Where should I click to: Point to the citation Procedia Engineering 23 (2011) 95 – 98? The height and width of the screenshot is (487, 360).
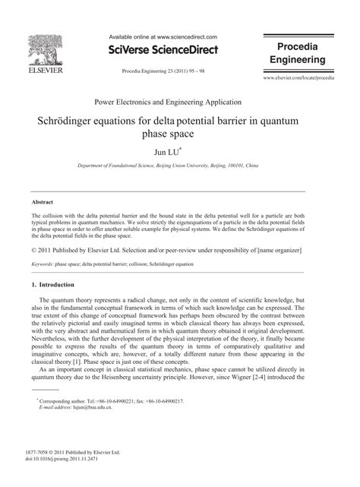[x=158, y=70]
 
